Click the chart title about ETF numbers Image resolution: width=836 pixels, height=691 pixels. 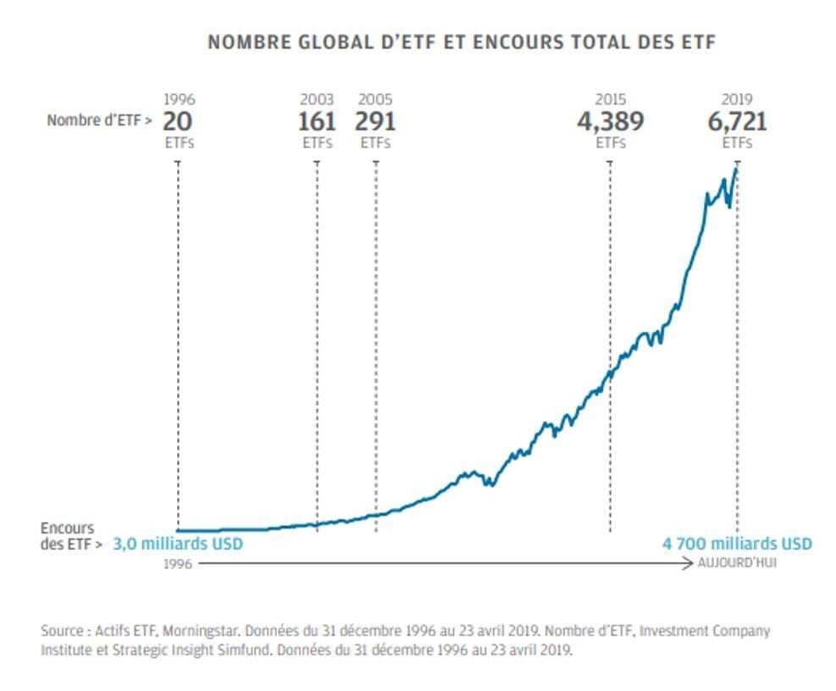tap(461, 41)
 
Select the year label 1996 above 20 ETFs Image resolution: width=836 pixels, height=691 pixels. tap(178, 100)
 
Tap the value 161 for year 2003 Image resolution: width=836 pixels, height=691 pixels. tap(317, 121)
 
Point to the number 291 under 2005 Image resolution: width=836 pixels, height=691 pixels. tap(375, 121)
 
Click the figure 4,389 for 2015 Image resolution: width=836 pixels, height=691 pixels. tap(610, 121)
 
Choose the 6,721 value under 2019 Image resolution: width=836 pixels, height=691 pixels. tap(737, 121)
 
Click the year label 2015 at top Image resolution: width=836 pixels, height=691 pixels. tap(610, 100)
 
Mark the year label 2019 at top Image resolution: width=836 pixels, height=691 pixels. tap(737, 100)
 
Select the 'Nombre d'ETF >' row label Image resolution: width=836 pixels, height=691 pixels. tap(99, 121)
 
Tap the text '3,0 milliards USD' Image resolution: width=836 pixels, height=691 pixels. tap(178, 544)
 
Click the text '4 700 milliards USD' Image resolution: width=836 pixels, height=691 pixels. tap(736, 544)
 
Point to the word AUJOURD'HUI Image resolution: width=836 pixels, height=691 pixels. tap(737, 563)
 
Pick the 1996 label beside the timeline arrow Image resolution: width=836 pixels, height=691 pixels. tap(178, 563)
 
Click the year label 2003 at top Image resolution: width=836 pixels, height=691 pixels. tap(317, 100)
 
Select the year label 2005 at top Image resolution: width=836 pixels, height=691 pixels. tap(375, 100)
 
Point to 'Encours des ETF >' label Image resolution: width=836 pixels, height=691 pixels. tap(71, 536)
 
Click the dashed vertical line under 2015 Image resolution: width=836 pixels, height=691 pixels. tap(610, 457)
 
